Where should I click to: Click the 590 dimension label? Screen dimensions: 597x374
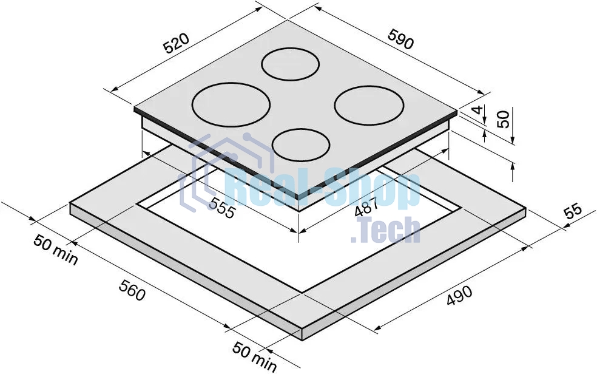[400, 38]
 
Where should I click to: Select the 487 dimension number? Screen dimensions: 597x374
[366, 207]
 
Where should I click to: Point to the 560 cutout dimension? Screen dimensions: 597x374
[132, 290]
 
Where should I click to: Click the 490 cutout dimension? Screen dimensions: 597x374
[459, 296]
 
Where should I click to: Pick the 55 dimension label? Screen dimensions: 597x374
[573, 211]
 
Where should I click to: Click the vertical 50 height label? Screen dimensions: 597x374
[503, 119]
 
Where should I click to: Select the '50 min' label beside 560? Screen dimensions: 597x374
[56, 250]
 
